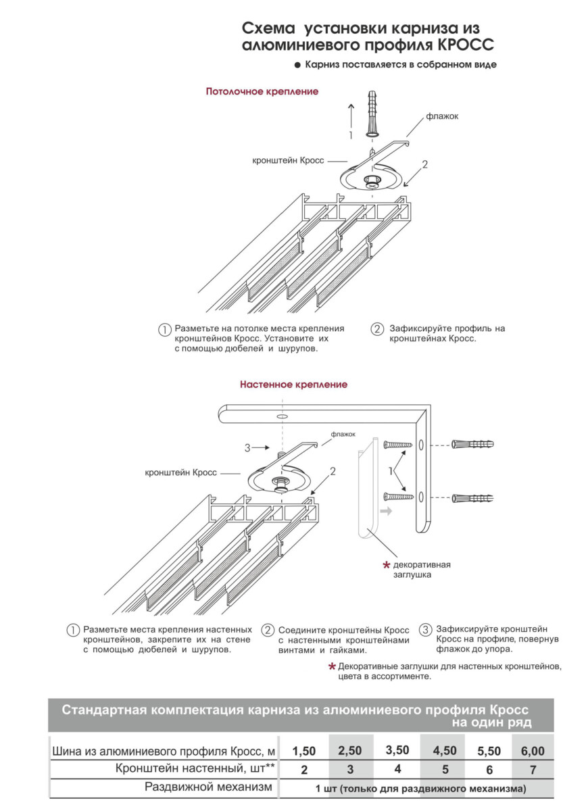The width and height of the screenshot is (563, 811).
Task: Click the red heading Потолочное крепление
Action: [262, 91]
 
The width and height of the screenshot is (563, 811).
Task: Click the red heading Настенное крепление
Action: [293, 385]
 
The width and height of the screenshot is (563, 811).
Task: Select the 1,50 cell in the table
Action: [304, 751]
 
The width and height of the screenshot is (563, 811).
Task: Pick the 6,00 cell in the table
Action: [533, 751]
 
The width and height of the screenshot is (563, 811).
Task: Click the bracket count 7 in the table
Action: [533, 770]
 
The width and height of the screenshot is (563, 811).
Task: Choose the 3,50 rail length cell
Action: [397, 751]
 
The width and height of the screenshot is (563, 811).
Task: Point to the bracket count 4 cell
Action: [397, 769]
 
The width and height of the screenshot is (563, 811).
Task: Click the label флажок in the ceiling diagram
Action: [442, 116]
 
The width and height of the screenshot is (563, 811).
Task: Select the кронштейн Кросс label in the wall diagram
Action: [180, 472]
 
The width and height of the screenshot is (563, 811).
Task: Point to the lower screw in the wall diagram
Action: [398, 497]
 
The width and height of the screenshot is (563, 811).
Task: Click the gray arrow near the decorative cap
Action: [385, 512]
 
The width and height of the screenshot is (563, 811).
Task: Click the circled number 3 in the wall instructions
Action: [425, 629]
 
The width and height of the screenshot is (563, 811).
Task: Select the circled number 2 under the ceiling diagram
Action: [376, 330]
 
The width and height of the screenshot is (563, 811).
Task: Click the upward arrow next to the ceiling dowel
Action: [350, 115]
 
